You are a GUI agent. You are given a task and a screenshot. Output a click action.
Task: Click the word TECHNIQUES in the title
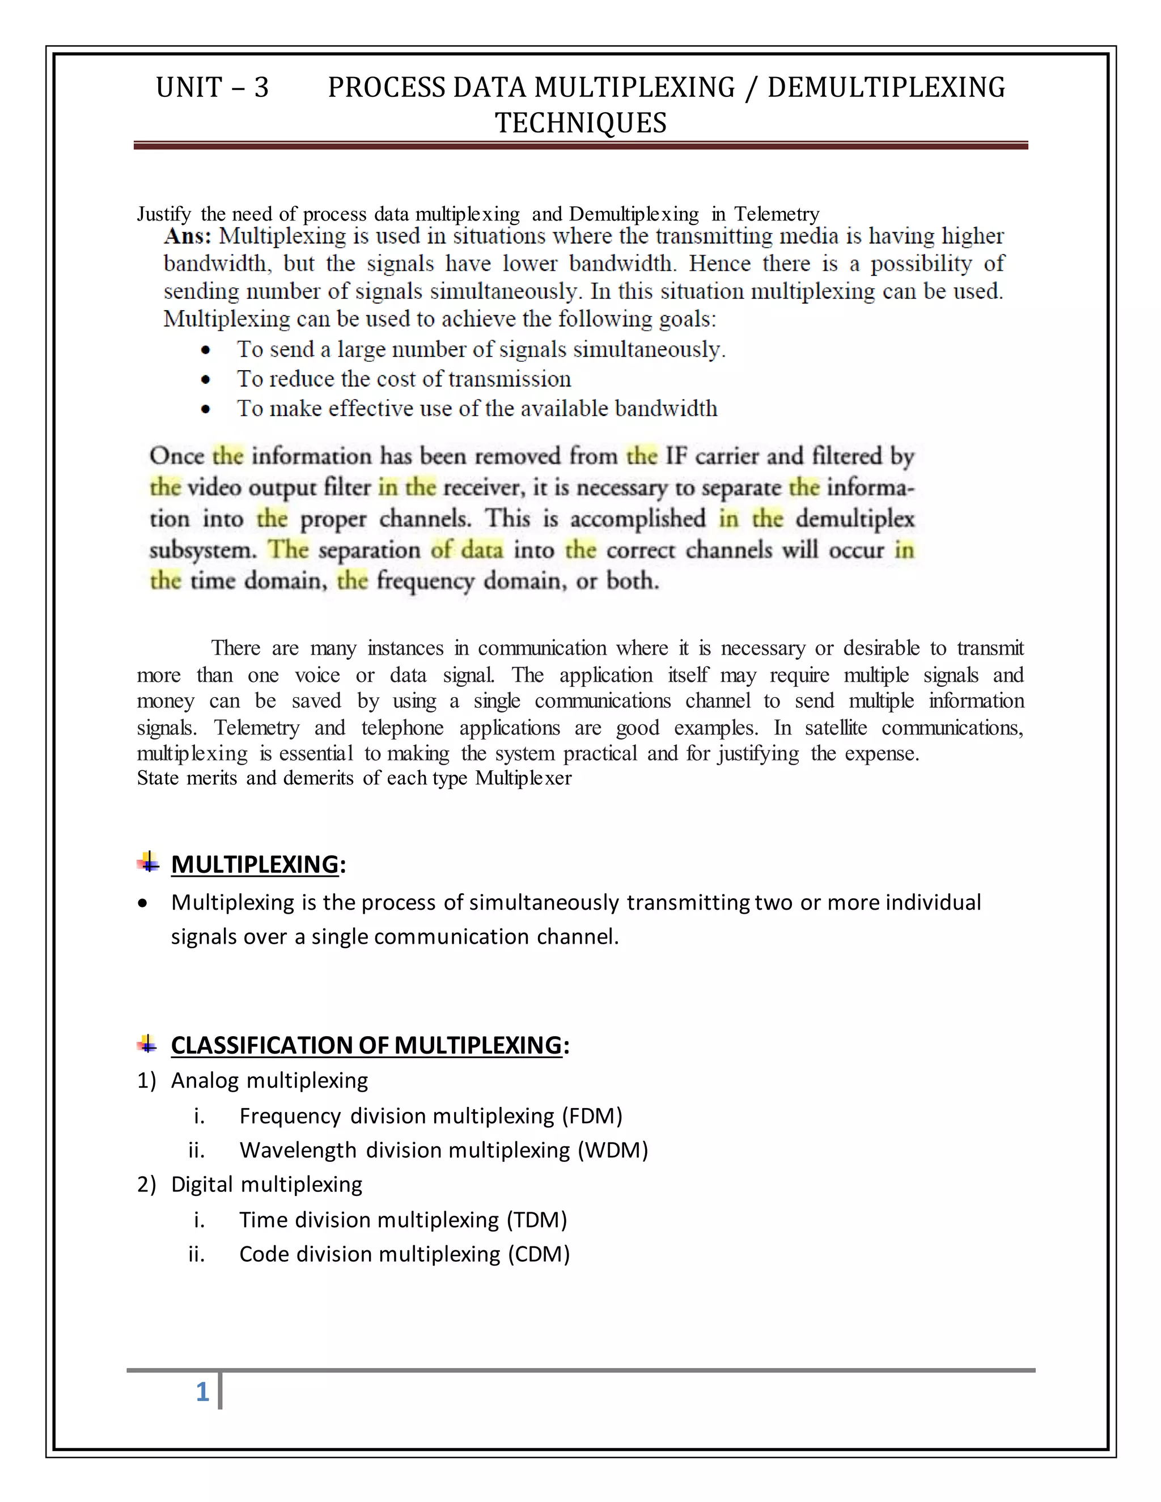pos(580,123)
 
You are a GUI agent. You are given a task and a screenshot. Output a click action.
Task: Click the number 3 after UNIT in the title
pos(261,88)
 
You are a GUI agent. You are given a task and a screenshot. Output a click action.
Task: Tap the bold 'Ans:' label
pos(187,236)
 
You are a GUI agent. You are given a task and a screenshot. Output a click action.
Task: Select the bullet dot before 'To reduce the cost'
pos(206,380)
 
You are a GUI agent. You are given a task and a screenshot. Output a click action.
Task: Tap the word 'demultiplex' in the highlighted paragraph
pos(855,519)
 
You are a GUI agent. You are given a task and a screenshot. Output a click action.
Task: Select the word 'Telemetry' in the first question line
pos(777,215)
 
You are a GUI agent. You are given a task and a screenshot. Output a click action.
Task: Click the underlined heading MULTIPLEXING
pos(255,864)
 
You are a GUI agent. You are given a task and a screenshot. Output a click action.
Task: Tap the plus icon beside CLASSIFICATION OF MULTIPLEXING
pos(148,1045)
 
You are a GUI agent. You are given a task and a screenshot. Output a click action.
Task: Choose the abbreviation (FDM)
pos(591,1115)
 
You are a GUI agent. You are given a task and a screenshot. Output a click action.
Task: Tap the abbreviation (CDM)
pos(539,1254)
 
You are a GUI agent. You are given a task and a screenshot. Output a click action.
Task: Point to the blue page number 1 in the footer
pos(202,1393)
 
